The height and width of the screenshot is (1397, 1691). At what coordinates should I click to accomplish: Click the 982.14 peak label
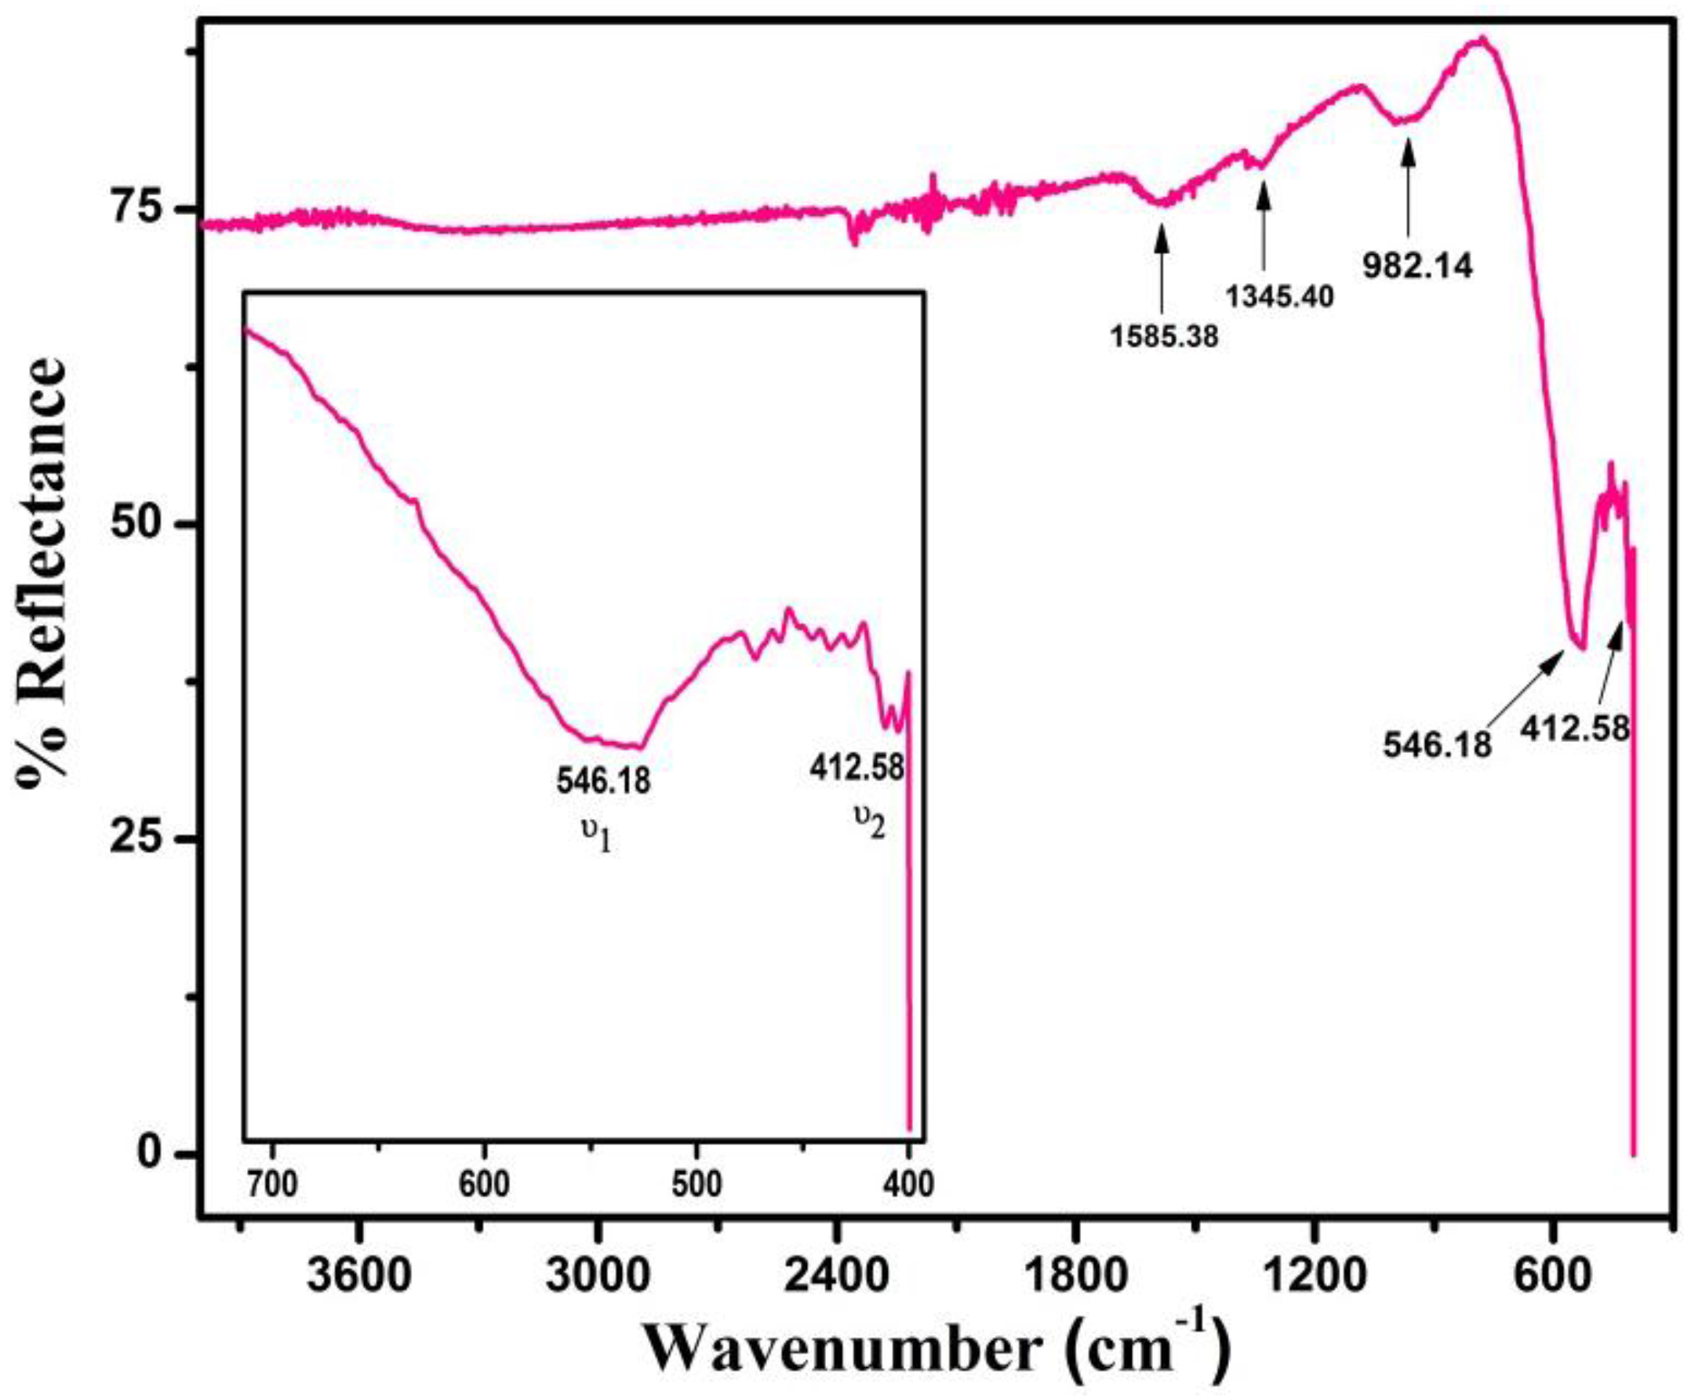click(1417, 267)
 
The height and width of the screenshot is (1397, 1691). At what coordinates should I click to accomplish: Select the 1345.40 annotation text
click(1279, 297)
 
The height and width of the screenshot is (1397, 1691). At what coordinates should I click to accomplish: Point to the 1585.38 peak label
click(1164, 337)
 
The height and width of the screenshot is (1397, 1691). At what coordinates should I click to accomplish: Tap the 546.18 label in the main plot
click(1437, 745)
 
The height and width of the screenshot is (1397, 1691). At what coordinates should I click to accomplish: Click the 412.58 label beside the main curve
click(1574, 729)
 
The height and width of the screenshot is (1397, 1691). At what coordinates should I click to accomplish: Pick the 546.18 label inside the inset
click(603, 780)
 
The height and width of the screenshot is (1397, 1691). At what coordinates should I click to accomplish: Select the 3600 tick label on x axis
click(358, 1273)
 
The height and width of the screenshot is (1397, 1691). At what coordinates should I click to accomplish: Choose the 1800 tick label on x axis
click(1075, 1273)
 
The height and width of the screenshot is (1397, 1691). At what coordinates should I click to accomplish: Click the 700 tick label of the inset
click(273, 1184)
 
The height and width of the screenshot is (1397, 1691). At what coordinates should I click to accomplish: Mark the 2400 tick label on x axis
click(837, 1273)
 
